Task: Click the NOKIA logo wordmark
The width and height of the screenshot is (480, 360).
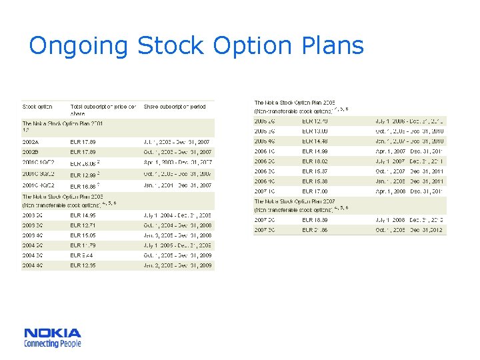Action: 53,333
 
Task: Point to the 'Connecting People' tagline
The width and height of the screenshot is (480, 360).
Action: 53,343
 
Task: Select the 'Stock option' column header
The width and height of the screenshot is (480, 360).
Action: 37,107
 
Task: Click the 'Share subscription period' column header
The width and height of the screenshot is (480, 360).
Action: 175,107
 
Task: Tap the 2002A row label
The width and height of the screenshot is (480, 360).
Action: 31,142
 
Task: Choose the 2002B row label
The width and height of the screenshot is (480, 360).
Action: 31,153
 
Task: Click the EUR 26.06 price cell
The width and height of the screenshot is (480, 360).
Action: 84,163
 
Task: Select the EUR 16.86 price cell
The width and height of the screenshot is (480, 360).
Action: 84,186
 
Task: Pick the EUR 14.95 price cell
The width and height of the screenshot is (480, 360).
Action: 83,215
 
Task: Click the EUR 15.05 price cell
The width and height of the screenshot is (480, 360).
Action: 83,235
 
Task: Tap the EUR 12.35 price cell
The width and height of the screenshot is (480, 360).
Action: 83,265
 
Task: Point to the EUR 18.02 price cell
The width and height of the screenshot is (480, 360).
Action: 315,161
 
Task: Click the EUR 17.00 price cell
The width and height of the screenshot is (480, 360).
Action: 315,191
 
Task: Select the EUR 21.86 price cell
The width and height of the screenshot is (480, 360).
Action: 315,230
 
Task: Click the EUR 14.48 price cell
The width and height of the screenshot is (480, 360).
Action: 315,141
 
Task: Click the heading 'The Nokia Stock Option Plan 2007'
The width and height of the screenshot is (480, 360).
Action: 295,201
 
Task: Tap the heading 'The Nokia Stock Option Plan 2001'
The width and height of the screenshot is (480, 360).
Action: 63,123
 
